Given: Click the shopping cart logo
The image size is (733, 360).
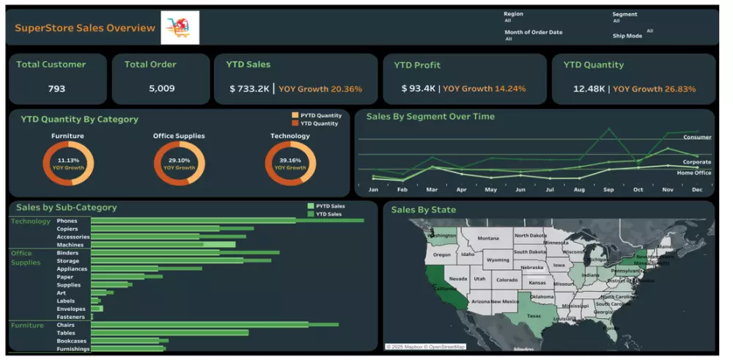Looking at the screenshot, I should tap(180, 28).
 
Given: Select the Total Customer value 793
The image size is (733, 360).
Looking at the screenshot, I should tap(56, 89).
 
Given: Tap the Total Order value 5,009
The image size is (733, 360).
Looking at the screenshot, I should tap(161, 89).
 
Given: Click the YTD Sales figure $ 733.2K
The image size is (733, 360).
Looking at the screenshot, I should tap(249, 89).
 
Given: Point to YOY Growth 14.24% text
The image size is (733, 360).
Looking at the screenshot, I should tap(484, 89).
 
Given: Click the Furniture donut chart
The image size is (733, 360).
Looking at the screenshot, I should tap(67, 163).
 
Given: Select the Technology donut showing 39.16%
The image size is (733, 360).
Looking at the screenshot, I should tap(290, 163).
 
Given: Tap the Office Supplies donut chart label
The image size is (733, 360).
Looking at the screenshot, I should tap(179, 136).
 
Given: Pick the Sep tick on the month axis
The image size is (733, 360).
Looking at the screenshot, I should tap(608, 189).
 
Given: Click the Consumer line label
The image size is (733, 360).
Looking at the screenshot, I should tap(696, 137).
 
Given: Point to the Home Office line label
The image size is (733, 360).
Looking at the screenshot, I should tap(693, 172).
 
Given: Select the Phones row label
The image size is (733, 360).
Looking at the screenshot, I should tap(67, 221).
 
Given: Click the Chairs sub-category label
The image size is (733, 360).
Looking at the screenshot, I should tap(67, 325).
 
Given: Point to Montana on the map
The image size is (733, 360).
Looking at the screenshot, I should tap(488, 238).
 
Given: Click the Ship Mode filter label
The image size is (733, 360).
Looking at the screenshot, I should tap(627, 35).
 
